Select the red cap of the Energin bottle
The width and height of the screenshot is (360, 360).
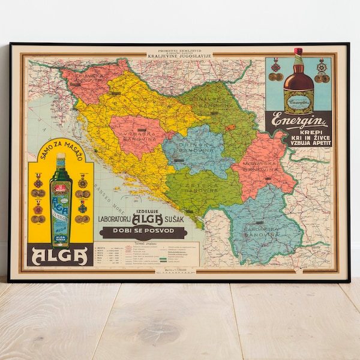coord(298,53)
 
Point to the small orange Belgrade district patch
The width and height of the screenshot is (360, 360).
coord(230,127)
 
